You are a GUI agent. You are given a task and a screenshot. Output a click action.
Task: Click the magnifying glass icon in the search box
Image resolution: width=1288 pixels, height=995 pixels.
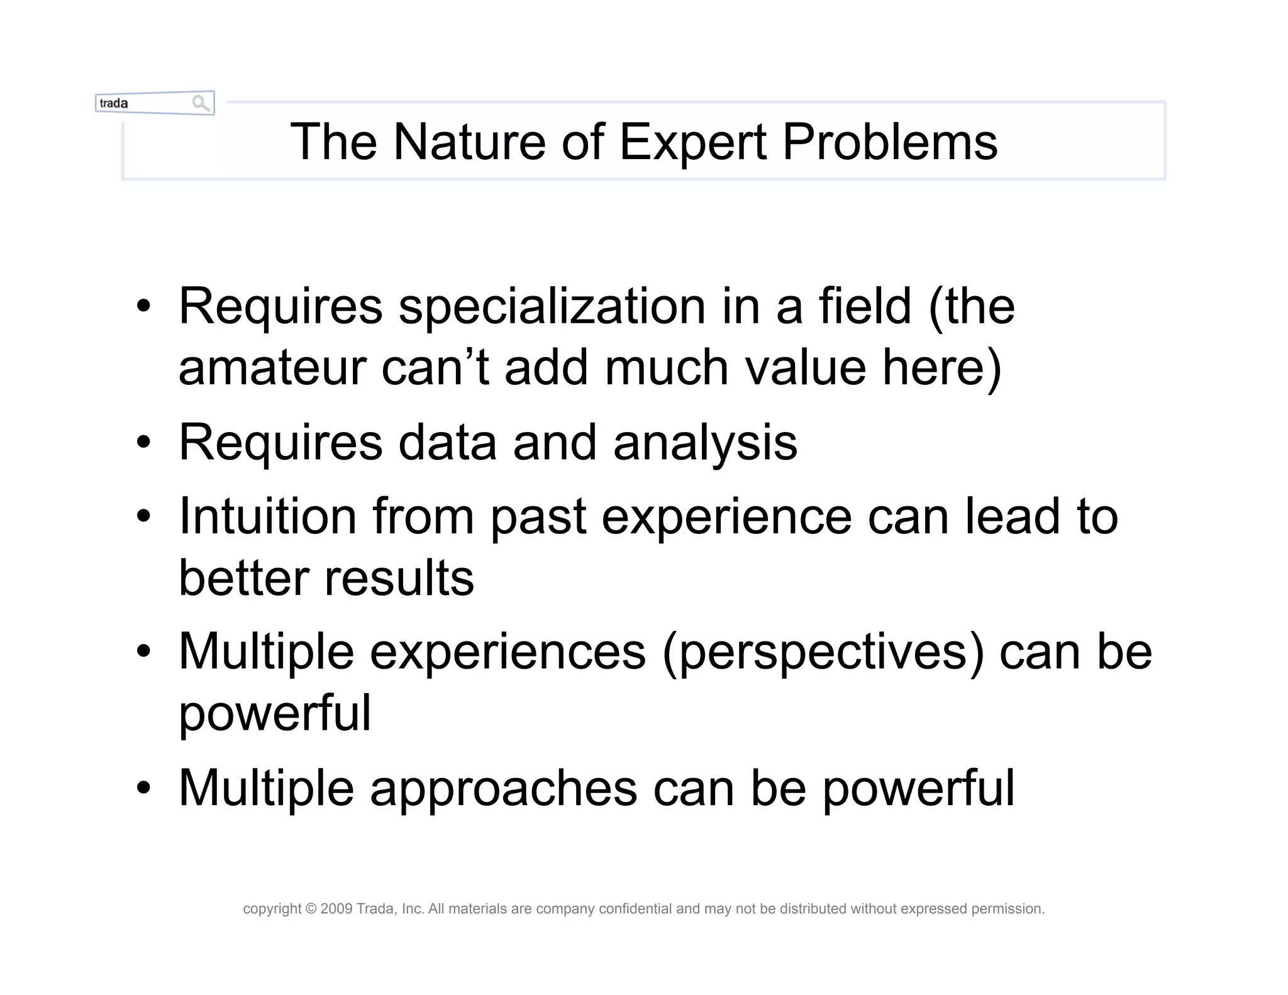click(201, 103)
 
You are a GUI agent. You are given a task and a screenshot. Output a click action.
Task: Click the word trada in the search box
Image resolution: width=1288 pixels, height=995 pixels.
click(114, 103)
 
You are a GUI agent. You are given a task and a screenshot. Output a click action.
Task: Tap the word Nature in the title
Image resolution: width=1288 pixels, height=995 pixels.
click(469, 142)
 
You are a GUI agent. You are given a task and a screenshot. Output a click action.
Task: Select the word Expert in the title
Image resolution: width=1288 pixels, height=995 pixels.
click(692, 142)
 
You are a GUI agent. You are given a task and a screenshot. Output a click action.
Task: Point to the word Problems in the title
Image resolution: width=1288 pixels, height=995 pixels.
click(889, 142)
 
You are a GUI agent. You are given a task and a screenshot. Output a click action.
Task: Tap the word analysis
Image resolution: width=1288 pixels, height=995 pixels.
click(705, 443)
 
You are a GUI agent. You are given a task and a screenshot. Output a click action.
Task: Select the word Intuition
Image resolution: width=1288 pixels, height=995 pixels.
click(268, 516)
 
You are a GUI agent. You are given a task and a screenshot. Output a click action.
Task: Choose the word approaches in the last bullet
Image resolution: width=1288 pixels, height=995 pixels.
click(503, 788)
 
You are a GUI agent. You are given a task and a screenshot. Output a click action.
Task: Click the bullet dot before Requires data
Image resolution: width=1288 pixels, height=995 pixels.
click(143, 443)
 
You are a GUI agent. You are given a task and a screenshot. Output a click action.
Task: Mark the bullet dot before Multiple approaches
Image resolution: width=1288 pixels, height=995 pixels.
click(143, 788)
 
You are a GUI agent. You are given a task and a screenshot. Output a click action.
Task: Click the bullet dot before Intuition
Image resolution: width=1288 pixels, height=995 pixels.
click(143, 516)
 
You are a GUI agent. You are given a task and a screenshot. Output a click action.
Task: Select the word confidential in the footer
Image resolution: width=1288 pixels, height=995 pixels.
click(635, 909)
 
